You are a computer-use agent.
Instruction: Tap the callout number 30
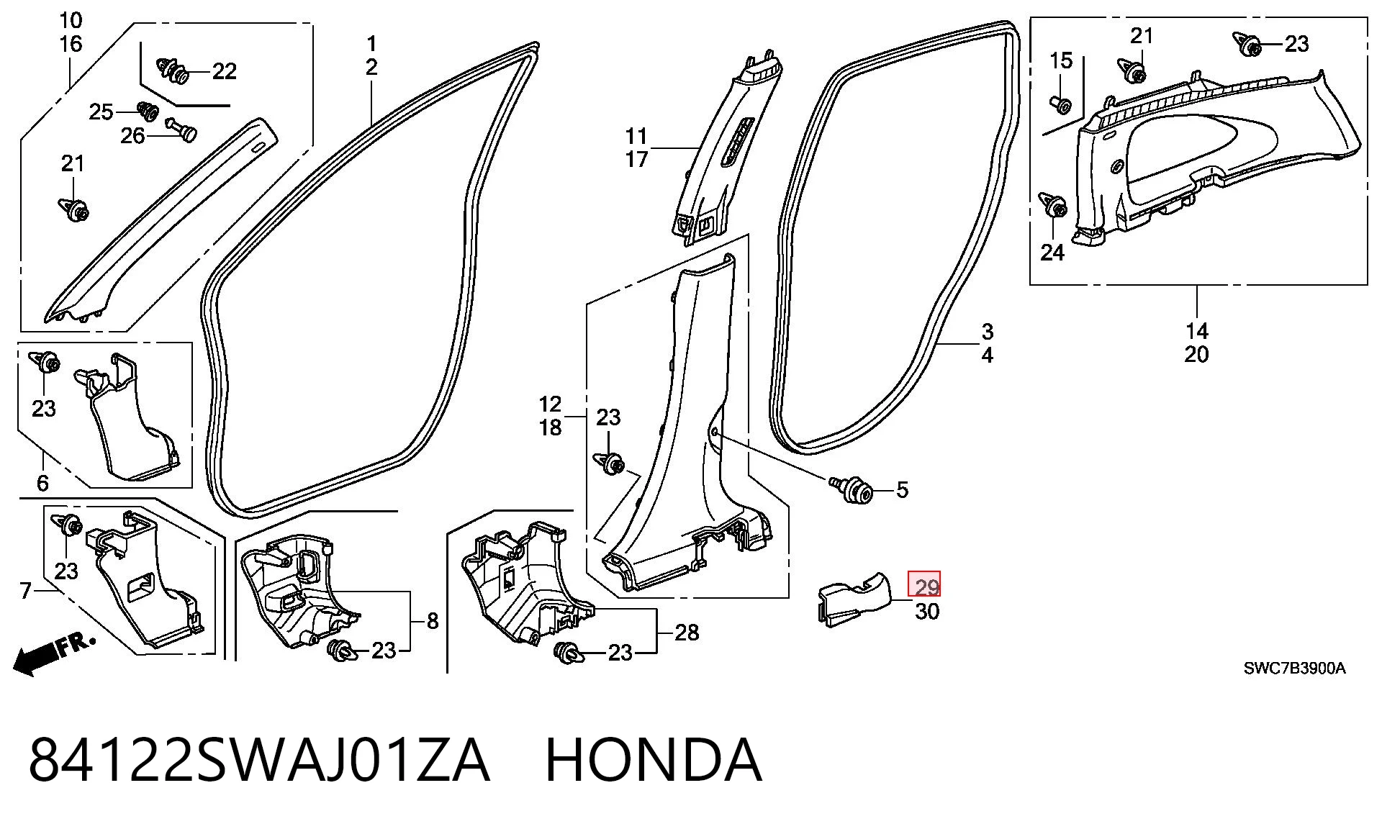click(x=927, y=612)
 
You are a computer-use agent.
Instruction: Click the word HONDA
click(x=654, y=760)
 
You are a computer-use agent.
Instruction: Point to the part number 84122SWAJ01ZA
click(x=259, y=760)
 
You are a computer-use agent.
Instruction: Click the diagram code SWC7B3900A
click(x=1294, y=669)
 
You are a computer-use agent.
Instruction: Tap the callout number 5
click(x=903, y=490)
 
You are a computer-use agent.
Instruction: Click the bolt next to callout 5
click(x=852, y=490)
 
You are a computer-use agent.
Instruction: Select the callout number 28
click(x=687, y=632)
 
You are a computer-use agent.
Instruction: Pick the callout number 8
click(x=433, y=621)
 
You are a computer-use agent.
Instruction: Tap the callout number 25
click(x=101, y=112)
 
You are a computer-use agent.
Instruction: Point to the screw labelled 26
click(x=182, y=129)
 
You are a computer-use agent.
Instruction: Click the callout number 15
click(x=1061, y=61)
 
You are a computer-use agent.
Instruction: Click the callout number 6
click(x=42, y=483)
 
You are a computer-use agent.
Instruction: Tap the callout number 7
click(x=26, y=591)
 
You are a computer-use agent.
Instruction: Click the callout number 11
click(x=636, y=136)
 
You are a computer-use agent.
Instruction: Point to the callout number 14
click(x=1197, y=331)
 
